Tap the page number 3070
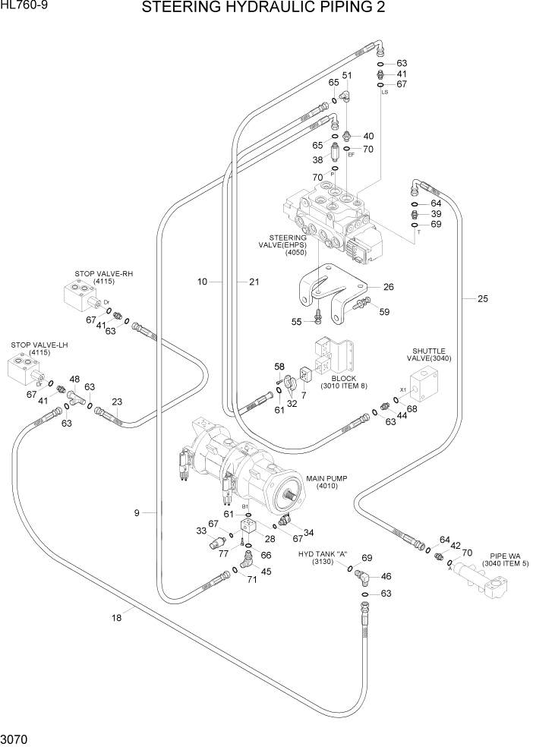pos(16,738)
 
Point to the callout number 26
pos(388,287)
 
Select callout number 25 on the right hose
pos(483,299)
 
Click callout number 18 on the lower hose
pos(116,618)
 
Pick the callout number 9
pos(137,513)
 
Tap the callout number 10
pos(202,282)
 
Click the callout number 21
pos(254,282)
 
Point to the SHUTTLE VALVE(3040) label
pos(429,354)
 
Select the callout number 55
pos(297,322)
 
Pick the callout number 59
pos(383,311)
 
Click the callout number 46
pos(386,577)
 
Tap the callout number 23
pos(117,402)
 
